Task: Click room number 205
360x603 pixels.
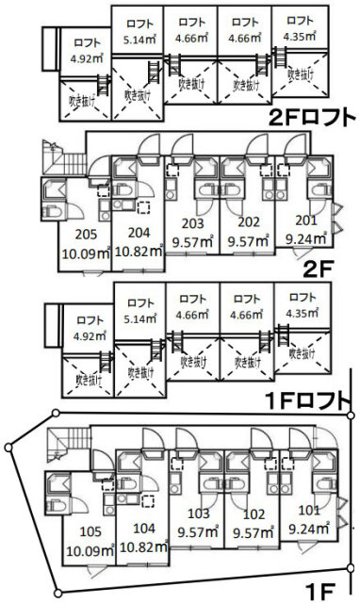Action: click(86, 235)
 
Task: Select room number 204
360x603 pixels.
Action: click(139, 233)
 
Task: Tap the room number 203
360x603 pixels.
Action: click(192, 223)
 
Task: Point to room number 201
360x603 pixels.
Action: click(306, 220)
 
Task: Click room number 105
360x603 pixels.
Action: click(90, 531)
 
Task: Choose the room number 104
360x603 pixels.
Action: click(143, 529)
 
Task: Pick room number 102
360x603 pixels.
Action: click(254, 514)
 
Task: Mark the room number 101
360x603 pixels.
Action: click(309, 511)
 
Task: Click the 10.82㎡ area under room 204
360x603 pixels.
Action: click(139, 252)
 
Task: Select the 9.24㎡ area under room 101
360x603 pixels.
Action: click(309, 529)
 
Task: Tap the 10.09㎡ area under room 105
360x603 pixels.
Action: click(90, 550)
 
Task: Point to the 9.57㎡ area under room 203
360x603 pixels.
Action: click(192, 242)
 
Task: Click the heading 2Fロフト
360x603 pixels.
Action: click(312, 118)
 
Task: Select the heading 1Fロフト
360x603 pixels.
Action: click(307, 401)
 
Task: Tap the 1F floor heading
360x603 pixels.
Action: click(320, 593)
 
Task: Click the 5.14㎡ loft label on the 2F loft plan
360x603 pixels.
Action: click(139, 39)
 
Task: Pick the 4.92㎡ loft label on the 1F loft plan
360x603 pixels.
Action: click(90, 335)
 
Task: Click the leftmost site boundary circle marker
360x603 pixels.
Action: click(8, 448)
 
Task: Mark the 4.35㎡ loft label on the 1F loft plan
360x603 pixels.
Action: click(302, 313)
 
